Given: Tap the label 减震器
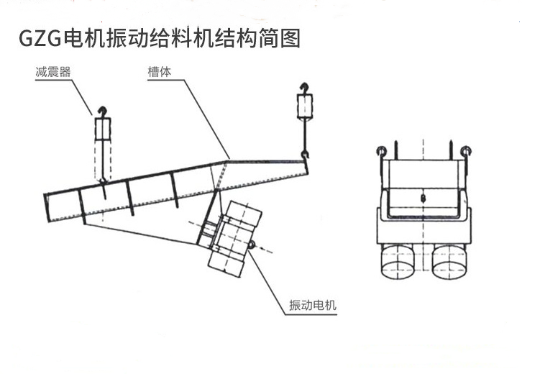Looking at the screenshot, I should (46, 72).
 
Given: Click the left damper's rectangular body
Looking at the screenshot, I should (103, 129).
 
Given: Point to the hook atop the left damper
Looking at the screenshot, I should (102, 111).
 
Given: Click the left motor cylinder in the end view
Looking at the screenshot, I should (398, 260).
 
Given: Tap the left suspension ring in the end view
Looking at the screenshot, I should (382, 151).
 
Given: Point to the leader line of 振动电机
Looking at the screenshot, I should (270, 277).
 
